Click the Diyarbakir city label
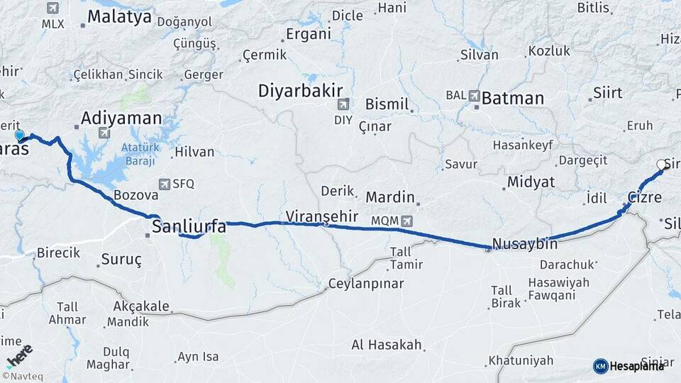(300, 91)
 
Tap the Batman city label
(512, 99)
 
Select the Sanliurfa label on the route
(189, 227)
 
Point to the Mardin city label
(389, 196)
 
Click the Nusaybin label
(524, 243)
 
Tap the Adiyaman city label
(121, 118)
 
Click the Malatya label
(120, 17)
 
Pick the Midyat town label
(531, 182)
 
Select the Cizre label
(644, 197)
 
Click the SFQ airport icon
(165, 184)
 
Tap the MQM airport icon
(406, 221)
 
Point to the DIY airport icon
(342, 104)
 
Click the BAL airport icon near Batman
(473, 95)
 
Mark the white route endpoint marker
(661, 165)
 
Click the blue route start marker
(19, 135)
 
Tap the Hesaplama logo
(629, 366)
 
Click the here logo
(20, 355)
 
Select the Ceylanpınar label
(365, 284)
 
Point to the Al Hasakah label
(387, 345)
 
